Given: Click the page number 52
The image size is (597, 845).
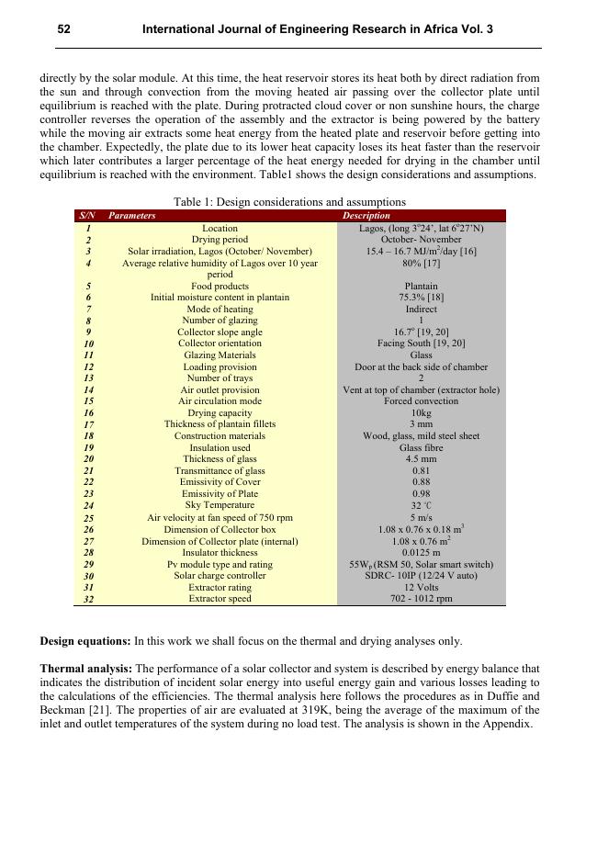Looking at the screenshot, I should click(x=64, y=29).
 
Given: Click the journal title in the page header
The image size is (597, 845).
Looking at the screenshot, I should click(x=317, y=29).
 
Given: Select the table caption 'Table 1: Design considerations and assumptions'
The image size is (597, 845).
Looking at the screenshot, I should click(x=289, y=202).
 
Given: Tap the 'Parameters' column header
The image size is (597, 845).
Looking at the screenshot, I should click(x=131, y=216).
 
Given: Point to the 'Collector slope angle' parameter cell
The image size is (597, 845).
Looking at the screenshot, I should click(x=220, y=332).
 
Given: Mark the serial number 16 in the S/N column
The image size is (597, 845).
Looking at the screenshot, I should click(x=88, y=413).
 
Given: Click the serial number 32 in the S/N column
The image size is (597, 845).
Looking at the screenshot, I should click(x=88, y=599).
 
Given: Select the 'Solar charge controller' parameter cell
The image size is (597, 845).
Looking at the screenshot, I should click(x=220, y=576).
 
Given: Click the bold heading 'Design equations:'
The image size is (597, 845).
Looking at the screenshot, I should click(x=85, y=641).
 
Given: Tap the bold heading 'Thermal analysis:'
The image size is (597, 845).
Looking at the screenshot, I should click(x=85, y=670).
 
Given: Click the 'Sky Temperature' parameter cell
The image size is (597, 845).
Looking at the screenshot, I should click(x=220, y=505).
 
